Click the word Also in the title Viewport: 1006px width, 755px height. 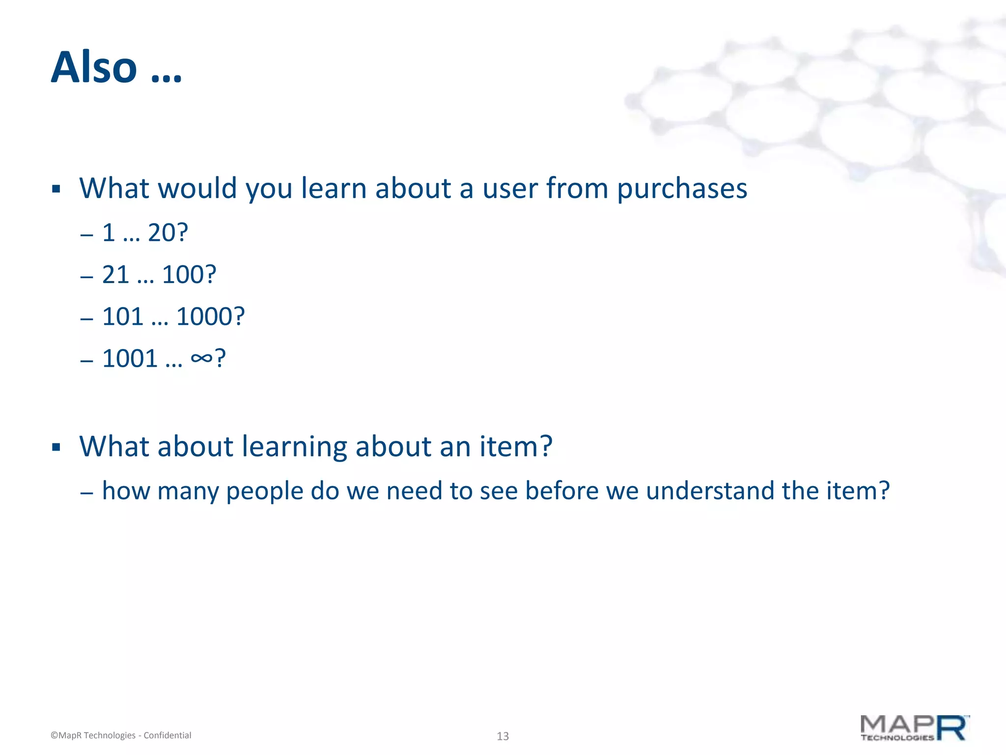click(94, 67)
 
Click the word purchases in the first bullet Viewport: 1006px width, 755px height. click(682, 189)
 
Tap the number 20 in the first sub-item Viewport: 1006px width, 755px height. click(161, 232)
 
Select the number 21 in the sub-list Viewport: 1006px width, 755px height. click(115, 274)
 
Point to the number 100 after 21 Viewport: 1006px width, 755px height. click(182, 274)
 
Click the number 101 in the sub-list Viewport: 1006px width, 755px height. click(122, 317)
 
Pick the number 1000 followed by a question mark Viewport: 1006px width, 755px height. click(203, 317)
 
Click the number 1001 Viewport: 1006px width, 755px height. click(130, 358)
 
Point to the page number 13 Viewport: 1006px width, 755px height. click(503, 736)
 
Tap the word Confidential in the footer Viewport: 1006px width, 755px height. click(167, 735)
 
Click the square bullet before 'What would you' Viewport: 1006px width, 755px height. click(56, 189)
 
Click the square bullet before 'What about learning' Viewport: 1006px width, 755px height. click(56, 447)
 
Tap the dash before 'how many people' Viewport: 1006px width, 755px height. click(86, 493)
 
